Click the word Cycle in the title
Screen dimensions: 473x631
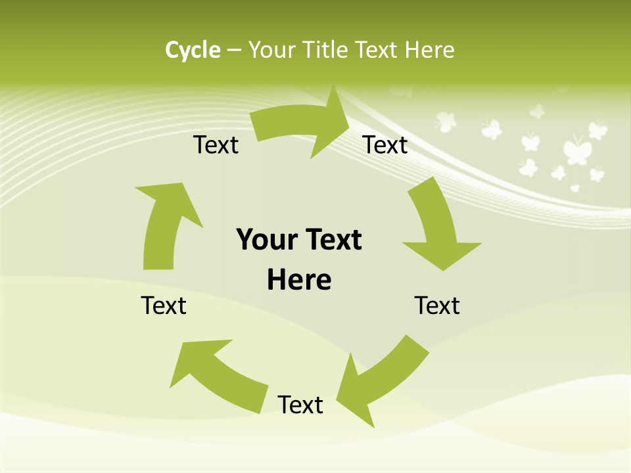193,50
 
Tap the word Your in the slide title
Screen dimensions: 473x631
271,50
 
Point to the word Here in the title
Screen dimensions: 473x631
429,50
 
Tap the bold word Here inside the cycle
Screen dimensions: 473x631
299,280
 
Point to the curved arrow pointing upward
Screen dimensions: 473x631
164,223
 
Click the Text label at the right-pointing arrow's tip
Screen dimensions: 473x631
385,145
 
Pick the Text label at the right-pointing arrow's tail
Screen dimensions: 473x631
216,145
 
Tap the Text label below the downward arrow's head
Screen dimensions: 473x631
437,305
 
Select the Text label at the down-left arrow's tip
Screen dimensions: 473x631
300,405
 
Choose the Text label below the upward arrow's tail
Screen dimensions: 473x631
164,305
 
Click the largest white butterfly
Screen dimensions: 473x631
577,150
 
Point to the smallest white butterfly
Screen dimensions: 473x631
575,188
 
